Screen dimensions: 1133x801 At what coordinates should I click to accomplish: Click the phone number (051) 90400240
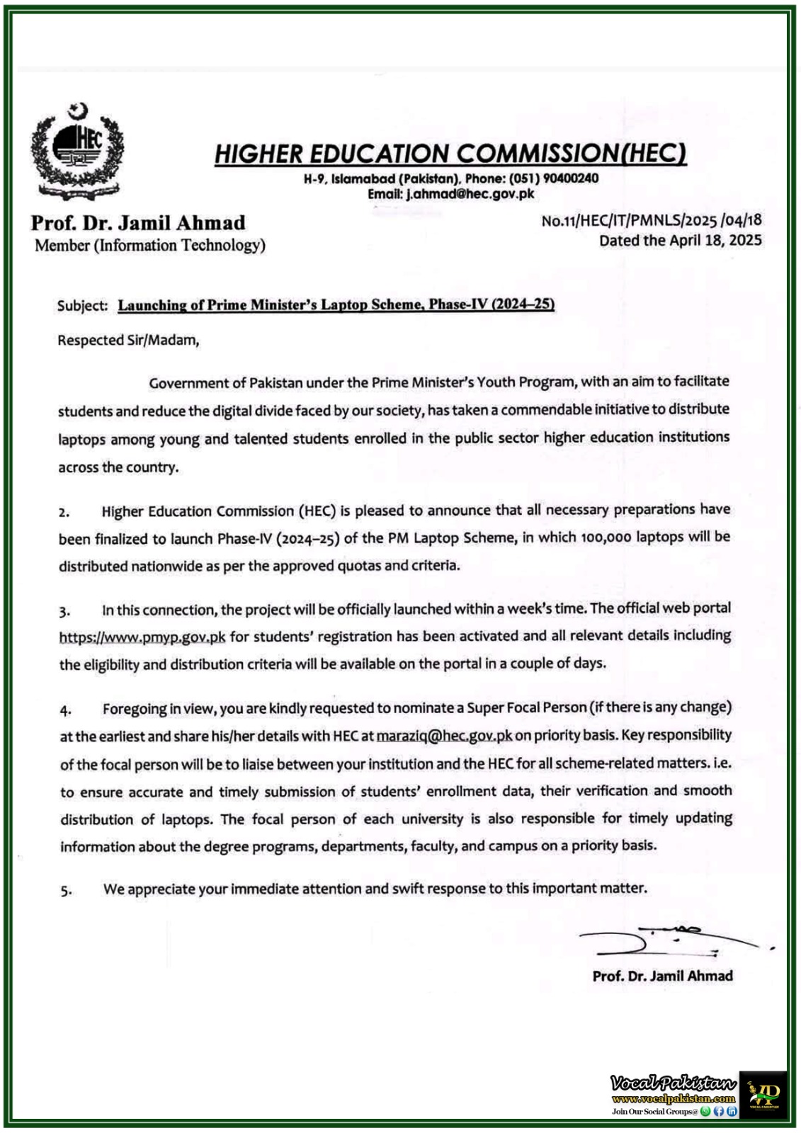click(553, 178)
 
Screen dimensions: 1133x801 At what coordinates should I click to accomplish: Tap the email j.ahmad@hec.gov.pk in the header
click(470, 193)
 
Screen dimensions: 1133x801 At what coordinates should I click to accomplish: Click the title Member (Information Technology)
click(149, 246)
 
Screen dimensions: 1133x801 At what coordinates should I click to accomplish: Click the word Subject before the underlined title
click(81, 306)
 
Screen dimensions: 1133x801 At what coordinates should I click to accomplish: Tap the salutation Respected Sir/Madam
click(128, 340)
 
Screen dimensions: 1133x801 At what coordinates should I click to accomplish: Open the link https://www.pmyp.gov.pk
click(142, 637)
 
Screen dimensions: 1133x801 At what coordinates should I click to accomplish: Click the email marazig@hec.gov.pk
click(444, 736)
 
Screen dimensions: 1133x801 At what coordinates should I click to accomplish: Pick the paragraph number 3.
click(64, 611)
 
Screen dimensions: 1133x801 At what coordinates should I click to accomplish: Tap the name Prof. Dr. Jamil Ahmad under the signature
click(662, 976)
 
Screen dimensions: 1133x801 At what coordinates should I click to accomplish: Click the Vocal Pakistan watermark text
click(673, 1083)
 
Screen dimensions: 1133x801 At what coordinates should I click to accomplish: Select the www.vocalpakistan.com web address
click(674, 1099)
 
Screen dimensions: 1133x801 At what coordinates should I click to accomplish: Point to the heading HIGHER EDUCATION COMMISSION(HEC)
click(450, 154)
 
